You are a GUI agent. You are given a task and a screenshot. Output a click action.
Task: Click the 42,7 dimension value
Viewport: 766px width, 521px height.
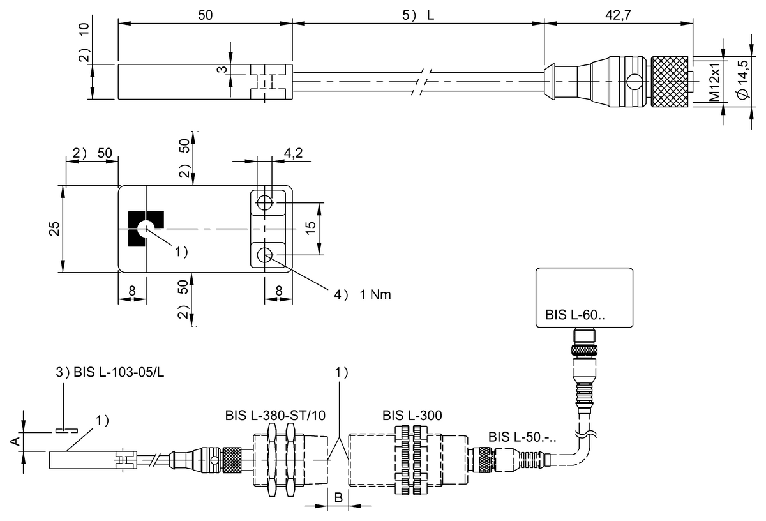(618, 15)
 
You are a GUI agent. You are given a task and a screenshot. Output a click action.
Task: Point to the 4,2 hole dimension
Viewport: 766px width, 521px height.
(293, 153)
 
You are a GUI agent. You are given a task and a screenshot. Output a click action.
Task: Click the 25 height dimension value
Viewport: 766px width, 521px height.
(54, 229)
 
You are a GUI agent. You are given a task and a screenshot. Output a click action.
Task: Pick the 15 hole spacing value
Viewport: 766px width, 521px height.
(310, 228)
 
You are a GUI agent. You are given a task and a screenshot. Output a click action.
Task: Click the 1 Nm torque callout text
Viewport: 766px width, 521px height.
(375, 294)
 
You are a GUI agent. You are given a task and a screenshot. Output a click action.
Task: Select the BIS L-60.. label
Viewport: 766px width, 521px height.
(574, 315)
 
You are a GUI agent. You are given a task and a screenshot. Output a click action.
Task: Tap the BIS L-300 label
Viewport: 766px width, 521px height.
(412, 416)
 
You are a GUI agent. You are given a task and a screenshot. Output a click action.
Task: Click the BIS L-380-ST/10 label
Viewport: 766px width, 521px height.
(275, 416)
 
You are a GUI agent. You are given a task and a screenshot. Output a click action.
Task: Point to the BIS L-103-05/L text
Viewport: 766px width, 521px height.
(119, 372)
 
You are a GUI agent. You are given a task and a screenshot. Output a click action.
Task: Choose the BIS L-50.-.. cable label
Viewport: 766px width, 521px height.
(522, 437)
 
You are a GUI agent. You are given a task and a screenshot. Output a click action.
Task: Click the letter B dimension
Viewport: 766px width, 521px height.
(338, 497)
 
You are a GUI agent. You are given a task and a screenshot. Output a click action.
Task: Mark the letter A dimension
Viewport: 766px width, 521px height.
(15, 442)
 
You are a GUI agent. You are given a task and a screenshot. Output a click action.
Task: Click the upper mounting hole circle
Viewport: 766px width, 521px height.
(265, 202)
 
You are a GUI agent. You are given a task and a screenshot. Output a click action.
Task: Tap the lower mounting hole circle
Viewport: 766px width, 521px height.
(265, 255)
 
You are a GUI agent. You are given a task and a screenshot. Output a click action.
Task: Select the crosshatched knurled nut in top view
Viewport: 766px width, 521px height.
(670, 82)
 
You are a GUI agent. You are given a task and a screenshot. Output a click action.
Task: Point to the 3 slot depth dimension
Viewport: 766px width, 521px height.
(222, 70)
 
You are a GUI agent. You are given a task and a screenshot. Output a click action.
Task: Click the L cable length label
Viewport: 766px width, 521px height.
(430, 15)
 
